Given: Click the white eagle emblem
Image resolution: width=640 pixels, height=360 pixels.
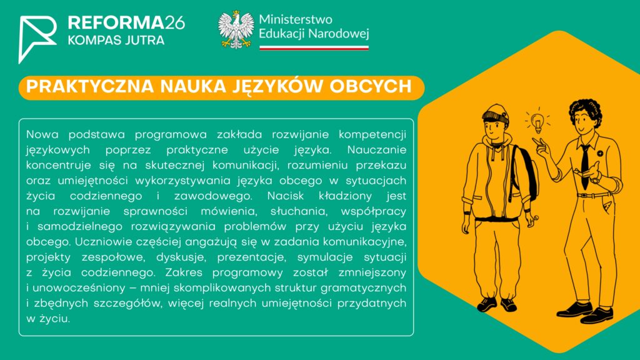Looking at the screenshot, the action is [x=236, y=30].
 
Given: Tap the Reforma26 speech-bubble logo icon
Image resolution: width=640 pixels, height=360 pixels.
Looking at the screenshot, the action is [x=37, y=39].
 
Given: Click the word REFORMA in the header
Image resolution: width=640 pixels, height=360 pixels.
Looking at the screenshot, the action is [x=116, y=23].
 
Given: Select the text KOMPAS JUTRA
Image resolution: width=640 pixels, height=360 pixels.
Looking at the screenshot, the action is [x=116, y=40].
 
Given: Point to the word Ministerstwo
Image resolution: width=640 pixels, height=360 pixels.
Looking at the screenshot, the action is [x=296, y=19].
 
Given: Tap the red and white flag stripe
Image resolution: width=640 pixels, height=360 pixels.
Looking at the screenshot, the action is [x=314, y=47].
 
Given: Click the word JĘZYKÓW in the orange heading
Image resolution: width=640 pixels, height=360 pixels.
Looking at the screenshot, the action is [x=277, y=86].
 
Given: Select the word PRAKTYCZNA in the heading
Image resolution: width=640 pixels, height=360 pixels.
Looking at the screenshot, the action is [x=90, y=86].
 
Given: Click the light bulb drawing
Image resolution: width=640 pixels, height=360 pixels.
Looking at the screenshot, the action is [x=537, y=121].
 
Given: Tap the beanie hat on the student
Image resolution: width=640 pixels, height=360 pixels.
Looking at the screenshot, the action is [x=496, y=114].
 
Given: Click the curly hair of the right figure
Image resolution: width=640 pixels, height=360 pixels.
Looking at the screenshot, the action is [x=586, y=109].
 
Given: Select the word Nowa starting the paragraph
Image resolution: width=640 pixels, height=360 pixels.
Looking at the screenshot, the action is [x=42, y=134].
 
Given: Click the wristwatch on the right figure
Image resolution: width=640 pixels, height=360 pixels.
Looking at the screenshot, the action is [x=596, y=179].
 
